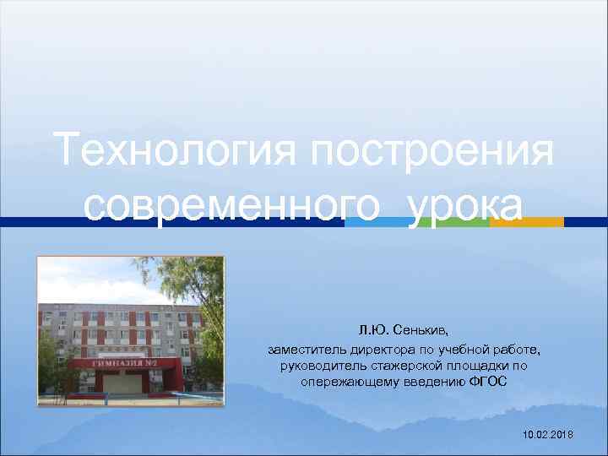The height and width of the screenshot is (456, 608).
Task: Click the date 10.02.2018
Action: point(547,433)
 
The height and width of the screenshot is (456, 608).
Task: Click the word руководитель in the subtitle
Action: point(317,366)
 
